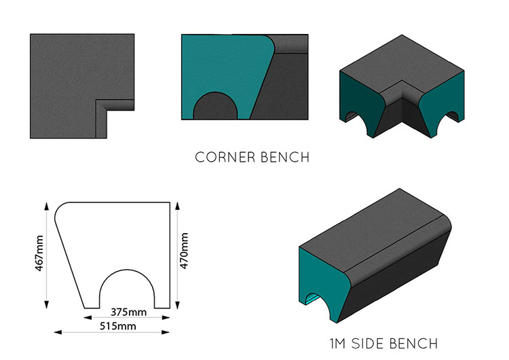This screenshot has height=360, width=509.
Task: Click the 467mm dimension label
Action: click(39, 253)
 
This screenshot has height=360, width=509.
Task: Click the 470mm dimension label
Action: click(184, 251)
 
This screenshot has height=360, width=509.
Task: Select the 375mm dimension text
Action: click(128, 312)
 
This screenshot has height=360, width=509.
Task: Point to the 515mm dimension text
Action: click(118, 326)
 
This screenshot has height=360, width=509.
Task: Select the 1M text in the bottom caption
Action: click(338, 344)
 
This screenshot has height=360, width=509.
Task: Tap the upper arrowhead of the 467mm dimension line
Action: click(46, 206)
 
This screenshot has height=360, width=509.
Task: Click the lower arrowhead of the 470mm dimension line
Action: click(177, 305)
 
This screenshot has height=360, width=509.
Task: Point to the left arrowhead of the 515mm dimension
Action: click(58, 332)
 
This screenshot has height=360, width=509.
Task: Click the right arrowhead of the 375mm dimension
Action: click(166, 317)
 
